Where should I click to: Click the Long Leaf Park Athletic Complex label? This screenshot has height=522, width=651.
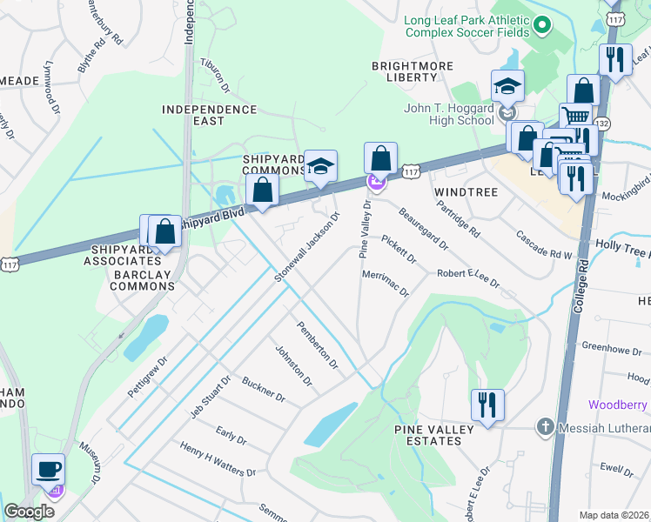point(466,26)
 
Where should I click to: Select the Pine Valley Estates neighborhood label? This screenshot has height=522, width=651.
point(433,435)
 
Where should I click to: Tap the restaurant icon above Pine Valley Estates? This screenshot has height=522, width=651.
point(487,404)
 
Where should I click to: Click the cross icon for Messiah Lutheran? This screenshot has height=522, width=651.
point(545,426)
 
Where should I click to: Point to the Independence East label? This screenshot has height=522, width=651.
point(210,116)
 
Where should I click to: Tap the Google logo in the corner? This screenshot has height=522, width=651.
point(29,512)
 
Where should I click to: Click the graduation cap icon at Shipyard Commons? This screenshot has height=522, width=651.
point(320,165)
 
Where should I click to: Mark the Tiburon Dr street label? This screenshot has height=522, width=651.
point(214,76)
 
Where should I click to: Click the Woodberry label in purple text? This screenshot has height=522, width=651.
point(619,405)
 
